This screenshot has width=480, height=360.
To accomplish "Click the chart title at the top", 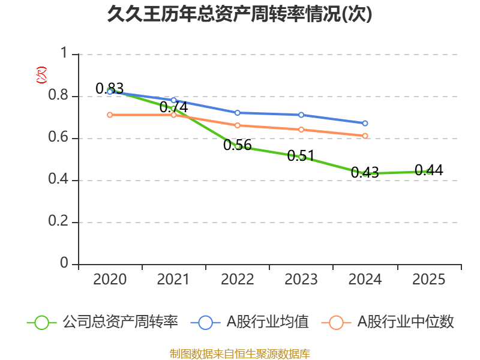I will click(239, 14).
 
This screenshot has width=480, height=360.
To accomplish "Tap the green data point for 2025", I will click(428, 172).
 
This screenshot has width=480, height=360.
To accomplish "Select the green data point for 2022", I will click(238, 146).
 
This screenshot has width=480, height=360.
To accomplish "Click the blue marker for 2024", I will click(365, 123).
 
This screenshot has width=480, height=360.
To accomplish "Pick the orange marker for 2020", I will click(110, 115).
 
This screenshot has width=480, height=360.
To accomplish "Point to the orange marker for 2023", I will click(301, 130).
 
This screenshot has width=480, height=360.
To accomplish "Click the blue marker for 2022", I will click(238, 113).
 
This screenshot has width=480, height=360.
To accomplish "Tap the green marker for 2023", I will click(301, 157).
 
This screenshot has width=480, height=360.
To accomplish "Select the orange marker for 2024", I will click(365, 136).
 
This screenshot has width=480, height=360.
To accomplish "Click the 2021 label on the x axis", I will click(173, 280).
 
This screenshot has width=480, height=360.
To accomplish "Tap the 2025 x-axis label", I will click(428, 280).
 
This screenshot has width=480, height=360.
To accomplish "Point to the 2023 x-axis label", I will click(301, 280).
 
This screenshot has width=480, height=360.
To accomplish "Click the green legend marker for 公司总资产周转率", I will click(41, 322).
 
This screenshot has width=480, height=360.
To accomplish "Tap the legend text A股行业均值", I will click(267, 322).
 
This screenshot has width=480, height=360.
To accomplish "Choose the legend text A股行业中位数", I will click(406, 322).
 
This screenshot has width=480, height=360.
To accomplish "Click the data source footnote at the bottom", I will click(239, 353).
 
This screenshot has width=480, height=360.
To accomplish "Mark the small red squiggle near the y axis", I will click(41, 75).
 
